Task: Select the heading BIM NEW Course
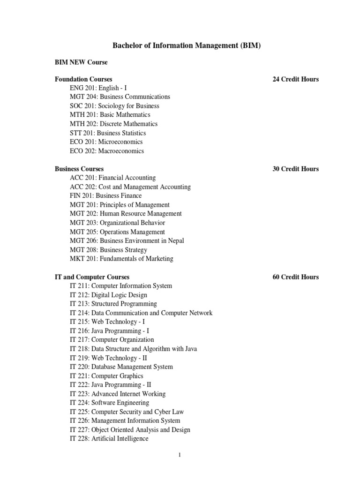(81, 62)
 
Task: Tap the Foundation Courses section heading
(83, 79)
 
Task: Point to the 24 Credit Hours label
(295, 79)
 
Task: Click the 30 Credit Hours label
(295, 169)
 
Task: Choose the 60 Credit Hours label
(295, 277)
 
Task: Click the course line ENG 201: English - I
(98, 88)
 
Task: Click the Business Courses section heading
(79, 169)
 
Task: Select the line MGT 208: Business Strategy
(108, 250)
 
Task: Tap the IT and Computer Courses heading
(92, 277)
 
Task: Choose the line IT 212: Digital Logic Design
(108, 295)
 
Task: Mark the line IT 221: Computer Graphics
(106, 376)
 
